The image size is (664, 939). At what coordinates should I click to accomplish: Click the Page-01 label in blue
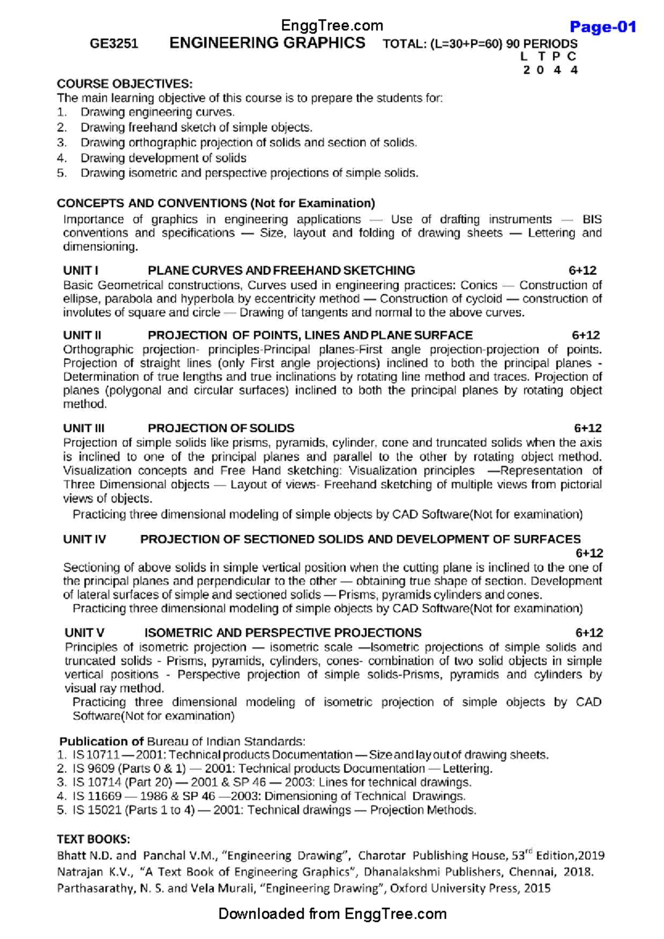pos(603,27)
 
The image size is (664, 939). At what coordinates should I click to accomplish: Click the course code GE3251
pos(114,44)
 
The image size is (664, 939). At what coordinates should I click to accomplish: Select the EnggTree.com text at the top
pos(332,25)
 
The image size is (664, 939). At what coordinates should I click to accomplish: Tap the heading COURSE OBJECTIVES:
pos(124,84)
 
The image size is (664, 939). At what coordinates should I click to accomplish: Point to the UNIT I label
pos(80,270)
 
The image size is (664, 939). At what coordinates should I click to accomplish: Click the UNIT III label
pos(84,428)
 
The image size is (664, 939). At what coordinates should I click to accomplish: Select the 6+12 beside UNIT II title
pos(585,335)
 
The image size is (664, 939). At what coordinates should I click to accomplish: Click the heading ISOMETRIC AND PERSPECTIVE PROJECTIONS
pos(283,633)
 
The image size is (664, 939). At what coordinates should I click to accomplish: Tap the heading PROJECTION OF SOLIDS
pos(221,428)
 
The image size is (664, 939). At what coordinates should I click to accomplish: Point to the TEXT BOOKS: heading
pos(93,839)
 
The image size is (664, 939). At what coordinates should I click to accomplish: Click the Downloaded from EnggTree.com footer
pos(332,914)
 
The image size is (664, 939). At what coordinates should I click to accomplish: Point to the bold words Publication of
pos(101,741)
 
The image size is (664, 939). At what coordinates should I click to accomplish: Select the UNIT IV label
pos(84,539)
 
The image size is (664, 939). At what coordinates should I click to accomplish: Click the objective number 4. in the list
pos(61,158)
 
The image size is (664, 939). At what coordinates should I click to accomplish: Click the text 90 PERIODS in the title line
pos(542,44)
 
